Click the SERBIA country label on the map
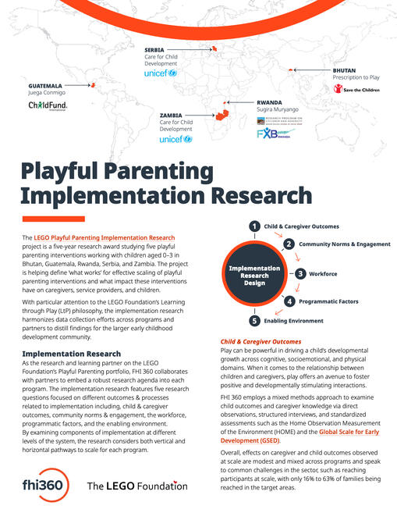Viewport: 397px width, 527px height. [155, 49]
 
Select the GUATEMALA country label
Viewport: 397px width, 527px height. [46, 84]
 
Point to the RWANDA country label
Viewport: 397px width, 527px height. [271, 102]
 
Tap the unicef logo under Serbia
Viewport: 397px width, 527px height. [161, 73]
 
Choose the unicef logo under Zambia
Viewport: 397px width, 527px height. [175, 139]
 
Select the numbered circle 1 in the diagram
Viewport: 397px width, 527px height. [253, 226]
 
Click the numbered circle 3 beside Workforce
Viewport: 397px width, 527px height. [300, 274]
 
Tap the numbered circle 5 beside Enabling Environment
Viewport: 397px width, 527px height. [253, 321]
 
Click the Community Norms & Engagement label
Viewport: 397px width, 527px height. [344, 244]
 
